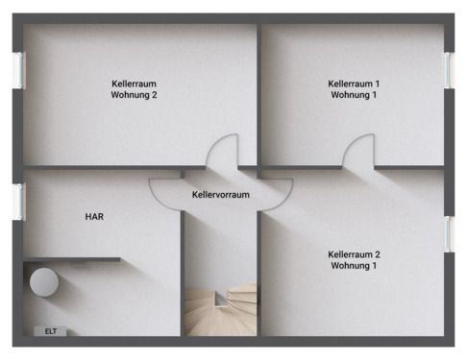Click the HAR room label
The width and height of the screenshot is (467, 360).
point(94,217)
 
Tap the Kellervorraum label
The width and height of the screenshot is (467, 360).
point(220,194)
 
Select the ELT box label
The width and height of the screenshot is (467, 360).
point(51,331)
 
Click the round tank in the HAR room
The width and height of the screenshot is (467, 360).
point(43,283)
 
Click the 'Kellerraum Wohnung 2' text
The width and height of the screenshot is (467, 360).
point(134,89)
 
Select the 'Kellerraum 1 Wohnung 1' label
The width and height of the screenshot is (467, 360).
point(354,89)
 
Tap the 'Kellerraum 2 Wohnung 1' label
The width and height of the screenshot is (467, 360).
point(354,259)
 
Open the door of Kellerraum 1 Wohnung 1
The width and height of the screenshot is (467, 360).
point(358,151)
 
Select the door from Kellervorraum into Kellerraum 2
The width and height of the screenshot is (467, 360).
point(277,191)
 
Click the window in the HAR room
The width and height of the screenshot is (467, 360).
point(17,201)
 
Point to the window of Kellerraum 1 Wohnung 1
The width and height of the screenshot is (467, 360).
point(449,70)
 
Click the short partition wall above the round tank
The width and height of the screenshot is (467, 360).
point(73,258)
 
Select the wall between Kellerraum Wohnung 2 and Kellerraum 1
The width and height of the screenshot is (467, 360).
point(259,91)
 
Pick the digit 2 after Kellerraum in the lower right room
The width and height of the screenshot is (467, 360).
point(378,253)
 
